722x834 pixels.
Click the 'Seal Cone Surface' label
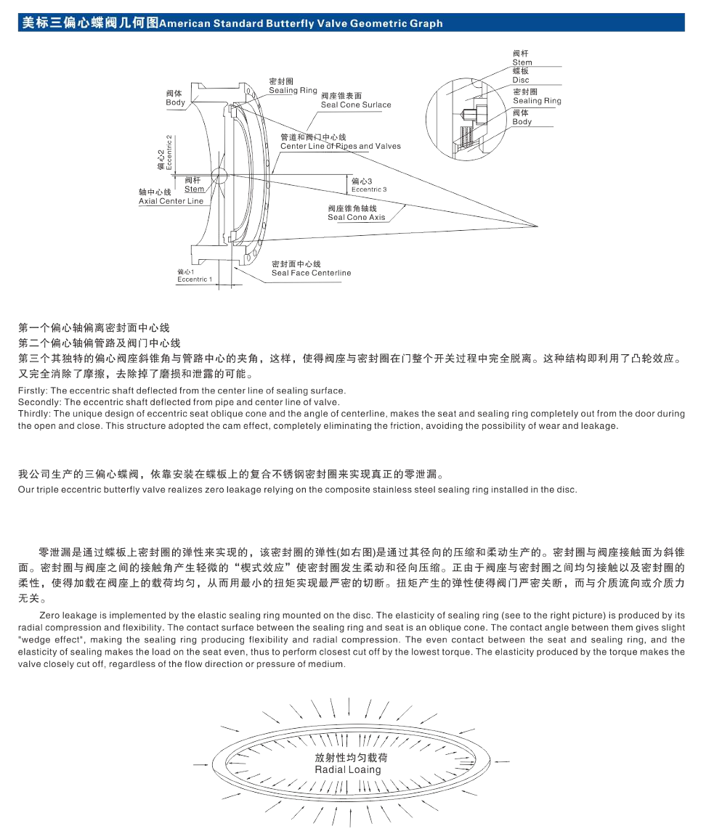coord(356,105)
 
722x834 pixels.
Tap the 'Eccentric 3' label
coord(369,189)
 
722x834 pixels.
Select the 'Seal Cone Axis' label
coord(356,217)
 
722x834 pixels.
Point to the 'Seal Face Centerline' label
coord(312,273)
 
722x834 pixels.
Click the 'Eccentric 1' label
coord(195,279)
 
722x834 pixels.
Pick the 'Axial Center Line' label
coord(171,201)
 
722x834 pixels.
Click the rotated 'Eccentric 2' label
coord(169,152)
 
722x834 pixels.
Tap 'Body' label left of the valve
coord(175,102)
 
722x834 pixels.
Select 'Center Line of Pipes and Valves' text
coord(341,146)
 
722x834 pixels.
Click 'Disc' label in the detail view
coord(521,80)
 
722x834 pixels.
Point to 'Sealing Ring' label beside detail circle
coord(538,100)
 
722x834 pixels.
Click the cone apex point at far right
coord(538,226)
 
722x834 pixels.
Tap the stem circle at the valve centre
coord(219,176)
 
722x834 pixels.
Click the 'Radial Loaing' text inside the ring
coord(348,769)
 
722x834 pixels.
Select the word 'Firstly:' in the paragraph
coord(33,391)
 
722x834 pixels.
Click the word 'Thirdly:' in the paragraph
coord(35,414)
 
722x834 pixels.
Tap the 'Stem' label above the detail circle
coord(522,62)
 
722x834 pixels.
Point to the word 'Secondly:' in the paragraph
coord(39,402)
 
